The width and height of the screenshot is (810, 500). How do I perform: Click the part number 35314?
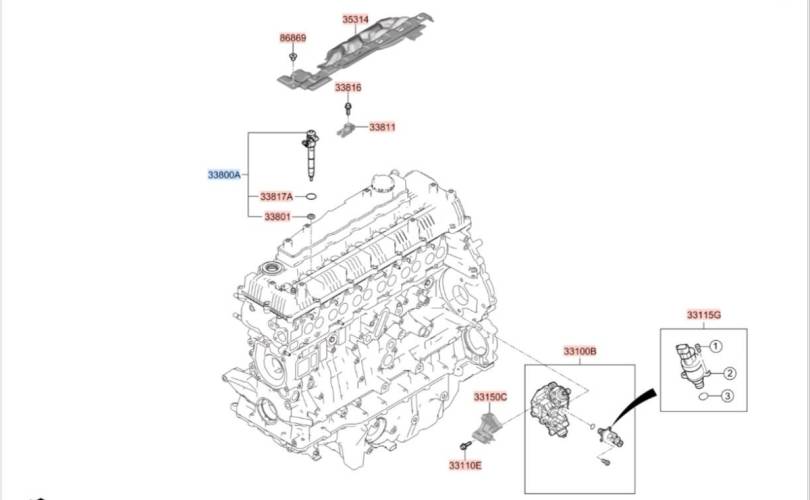click(355, 20)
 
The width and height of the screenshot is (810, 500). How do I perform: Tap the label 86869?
click(293, 38)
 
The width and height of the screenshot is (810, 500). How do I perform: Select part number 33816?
click(348, 87)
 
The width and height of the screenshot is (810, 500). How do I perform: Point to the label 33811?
click(382, 127)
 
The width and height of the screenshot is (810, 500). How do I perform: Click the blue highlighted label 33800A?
click(224, 175)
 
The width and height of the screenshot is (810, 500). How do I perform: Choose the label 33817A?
click(276, 197)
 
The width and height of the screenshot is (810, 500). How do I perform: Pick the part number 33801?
click(277, 217)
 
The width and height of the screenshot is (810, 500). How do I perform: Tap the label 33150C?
click(491, 397)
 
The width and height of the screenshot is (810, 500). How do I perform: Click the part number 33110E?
click(465, 465)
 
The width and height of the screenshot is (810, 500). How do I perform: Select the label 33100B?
click(580, 352)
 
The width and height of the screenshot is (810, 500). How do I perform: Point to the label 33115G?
click(704, 315)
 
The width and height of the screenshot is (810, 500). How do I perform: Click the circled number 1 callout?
click(715, 346)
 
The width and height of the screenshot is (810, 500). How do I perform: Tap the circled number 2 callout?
click(729, 373)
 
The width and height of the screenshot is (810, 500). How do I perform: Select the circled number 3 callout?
click(727, 396)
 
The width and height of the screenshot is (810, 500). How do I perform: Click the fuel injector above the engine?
click(311, 155)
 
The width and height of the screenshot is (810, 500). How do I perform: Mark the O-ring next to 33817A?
click(311, 196)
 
